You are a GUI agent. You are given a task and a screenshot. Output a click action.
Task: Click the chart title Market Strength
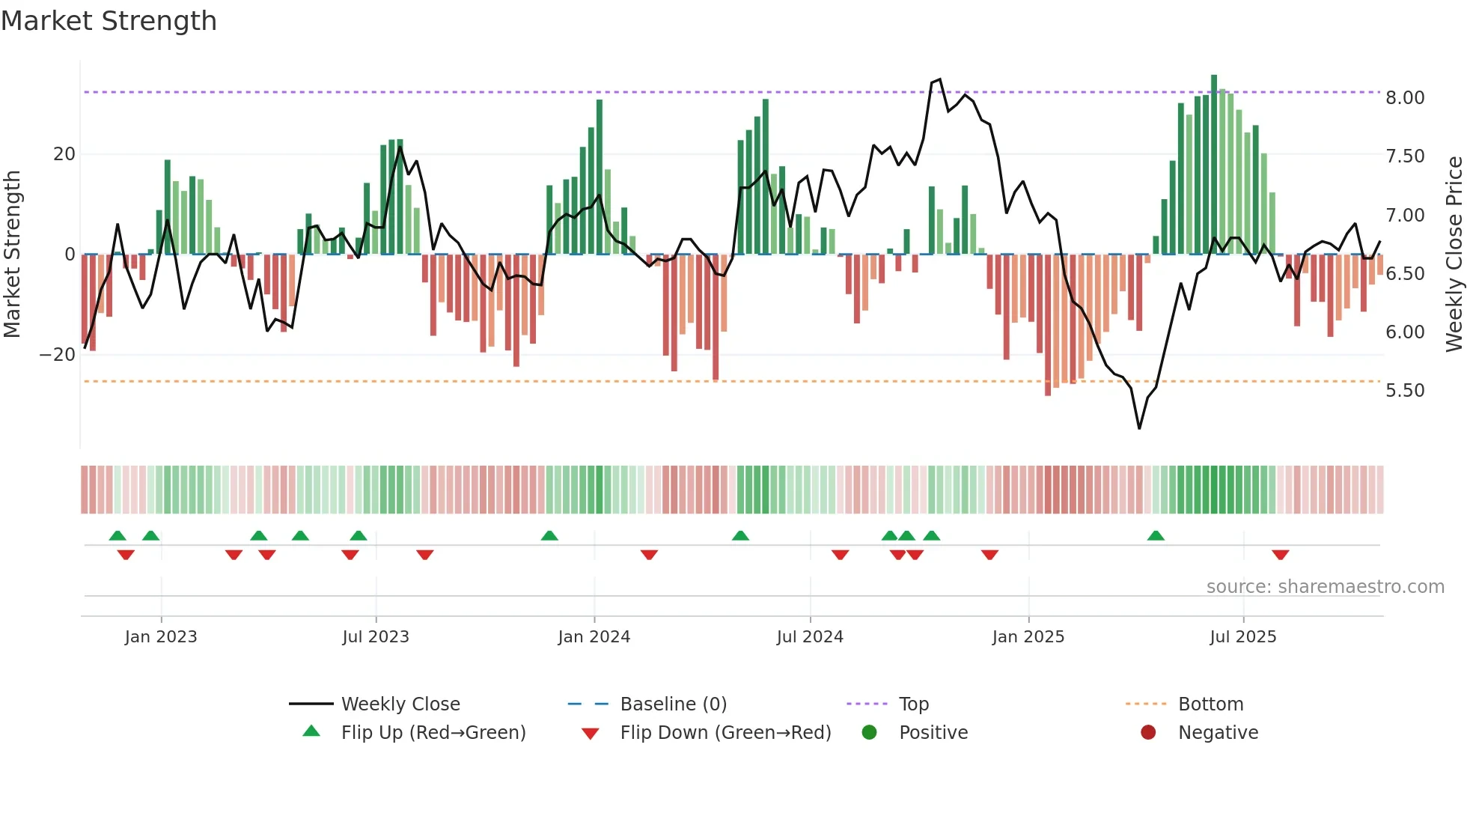click(x=109, y=21)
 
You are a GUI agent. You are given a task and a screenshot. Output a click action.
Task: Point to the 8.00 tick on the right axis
click(x=1405, y=98)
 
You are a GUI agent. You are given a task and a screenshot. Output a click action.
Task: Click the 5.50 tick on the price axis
click(x=1405, y=391)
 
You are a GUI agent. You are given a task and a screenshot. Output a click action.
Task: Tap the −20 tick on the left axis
click(x=58, y=355)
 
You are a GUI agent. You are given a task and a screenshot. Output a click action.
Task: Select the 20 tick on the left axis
click(x=64, y=154)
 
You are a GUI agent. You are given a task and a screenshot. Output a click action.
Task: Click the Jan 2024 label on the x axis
click(x=594, y=637)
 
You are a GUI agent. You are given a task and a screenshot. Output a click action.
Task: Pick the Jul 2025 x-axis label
click(x=1242, y=637)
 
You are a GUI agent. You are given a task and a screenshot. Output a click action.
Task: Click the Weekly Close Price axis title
click(x=1454, y=255)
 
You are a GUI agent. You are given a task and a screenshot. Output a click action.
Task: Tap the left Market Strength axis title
click(x=12, y=255)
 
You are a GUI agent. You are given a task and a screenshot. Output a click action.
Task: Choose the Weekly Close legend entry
click(x=400, y=704)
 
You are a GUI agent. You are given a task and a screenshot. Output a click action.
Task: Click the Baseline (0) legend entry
click(x=673, y=704)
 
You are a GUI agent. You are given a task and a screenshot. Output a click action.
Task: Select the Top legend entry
click(x=913, y=704)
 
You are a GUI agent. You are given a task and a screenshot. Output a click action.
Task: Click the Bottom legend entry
click(x=1210, y=704)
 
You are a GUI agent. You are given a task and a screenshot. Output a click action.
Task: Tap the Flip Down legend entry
click(x=725, y=733)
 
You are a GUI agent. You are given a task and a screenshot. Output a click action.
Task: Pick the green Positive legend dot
click(x=869, y=733)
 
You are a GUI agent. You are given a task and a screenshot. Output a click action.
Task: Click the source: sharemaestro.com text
click(x=1325, y=587)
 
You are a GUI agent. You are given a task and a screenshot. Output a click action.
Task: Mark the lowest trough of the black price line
click(x=1139, y=428)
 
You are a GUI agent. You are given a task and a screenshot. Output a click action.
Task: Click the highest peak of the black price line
click(x=940, y=79)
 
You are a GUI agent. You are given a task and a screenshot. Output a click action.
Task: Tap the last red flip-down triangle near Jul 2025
click(x=1280, y=555)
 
